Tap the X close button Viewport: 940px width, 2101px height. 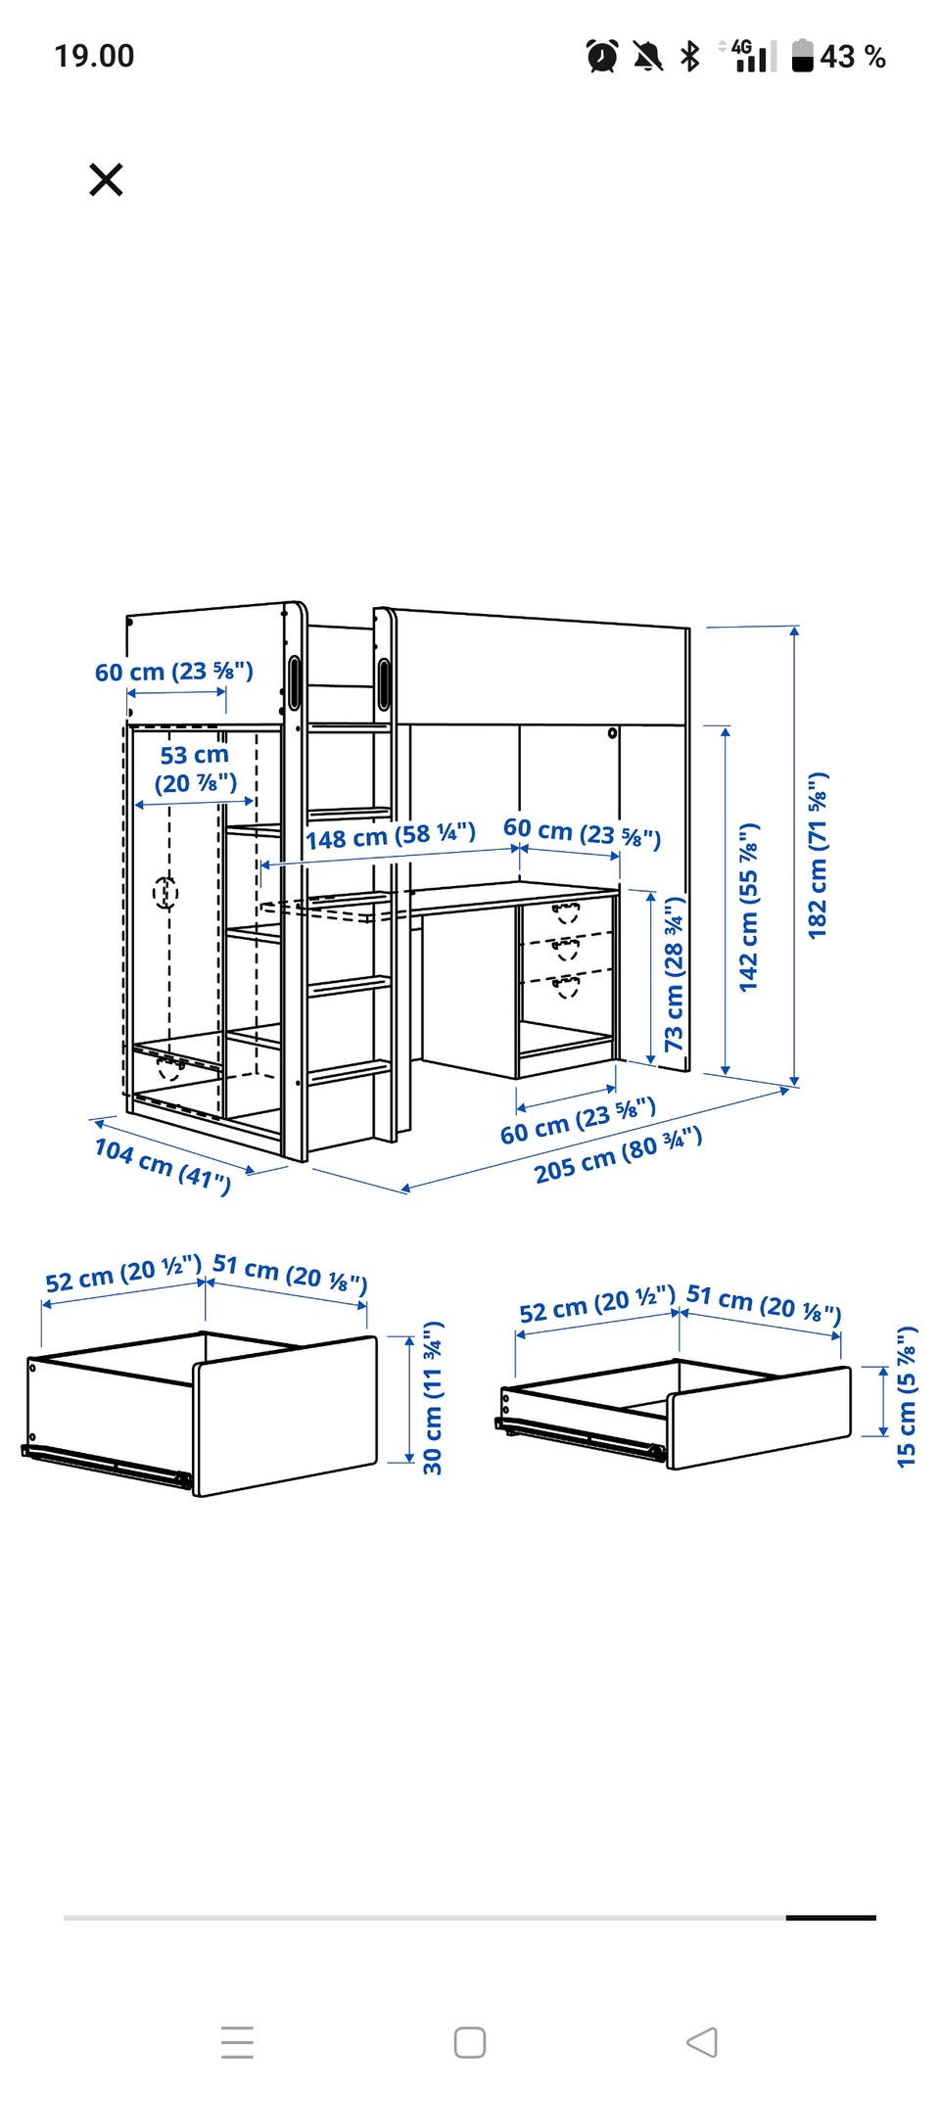tap(106, 180)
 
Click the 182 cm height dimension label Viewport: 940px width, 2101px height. tap(819, 856)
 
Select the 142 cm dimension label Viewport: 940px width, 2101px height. tap(749, 907)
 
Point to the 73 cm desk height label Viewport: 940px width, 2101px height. tap(675, 974)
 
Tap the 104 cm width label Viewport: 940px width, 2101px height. tap(163, 1165)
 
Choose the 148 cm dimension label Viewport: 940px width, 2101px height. tap(391, 836)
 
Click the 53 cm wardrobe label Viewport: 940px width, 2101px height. tap(195, 769)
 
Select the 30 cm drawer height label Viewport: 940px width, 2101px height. tap(433, 1398)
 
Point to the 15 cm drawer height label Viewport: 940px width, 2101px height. tap(907, 1396)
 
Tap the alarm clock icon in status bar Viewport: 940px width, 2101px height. tap(602, 56)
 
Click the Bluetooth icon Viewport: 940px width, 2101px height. tap(690, 56)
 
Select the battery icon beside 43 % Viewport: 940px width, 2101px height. tap(803, 56)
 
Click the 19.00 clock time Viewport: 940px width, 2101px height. tap(94, 56)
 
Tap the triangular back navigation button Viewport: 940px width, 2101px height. tap(702, 2042)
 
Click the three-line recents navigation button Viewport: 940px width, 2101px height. tap(237, 2042)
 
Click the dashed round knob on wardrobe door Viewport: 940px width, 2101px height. tap(165, 892)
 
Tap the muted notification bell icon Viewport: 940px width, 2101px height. tap(646, 56)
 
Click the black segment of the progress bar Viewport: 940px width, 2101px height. tap(830, 1918)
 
